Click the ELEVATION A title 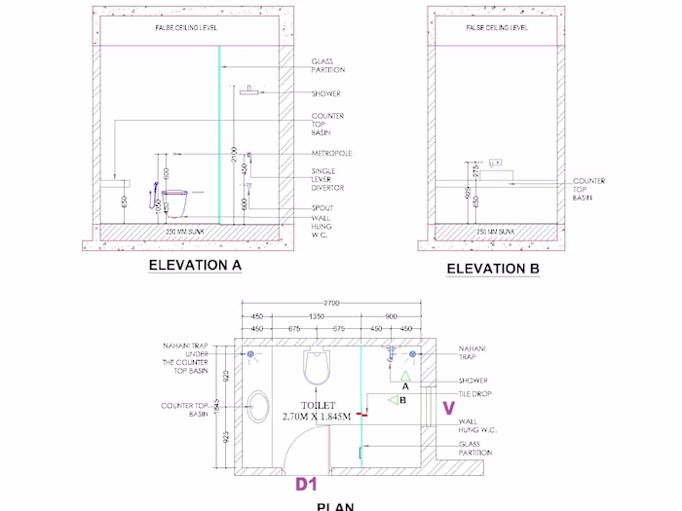click(195, 264)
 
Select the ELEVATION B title click(493, 269)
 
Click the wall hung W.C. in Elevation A click(175, 201)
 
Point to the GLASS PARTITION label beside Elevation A click(328, 66)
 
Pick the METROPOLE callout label click(331, 153)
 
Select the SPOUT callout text click(322, 208)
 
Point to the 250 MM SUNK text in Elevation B click(497, 231)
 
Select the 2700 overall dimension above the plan click(331, 304)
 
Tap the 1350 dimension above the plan click(318, 316)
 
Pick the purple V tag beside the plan click(449, 408)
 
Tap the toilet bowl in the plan click(318, 368)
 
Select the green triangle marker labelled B click(393, 399)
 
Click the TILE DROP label click(475, 394)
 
